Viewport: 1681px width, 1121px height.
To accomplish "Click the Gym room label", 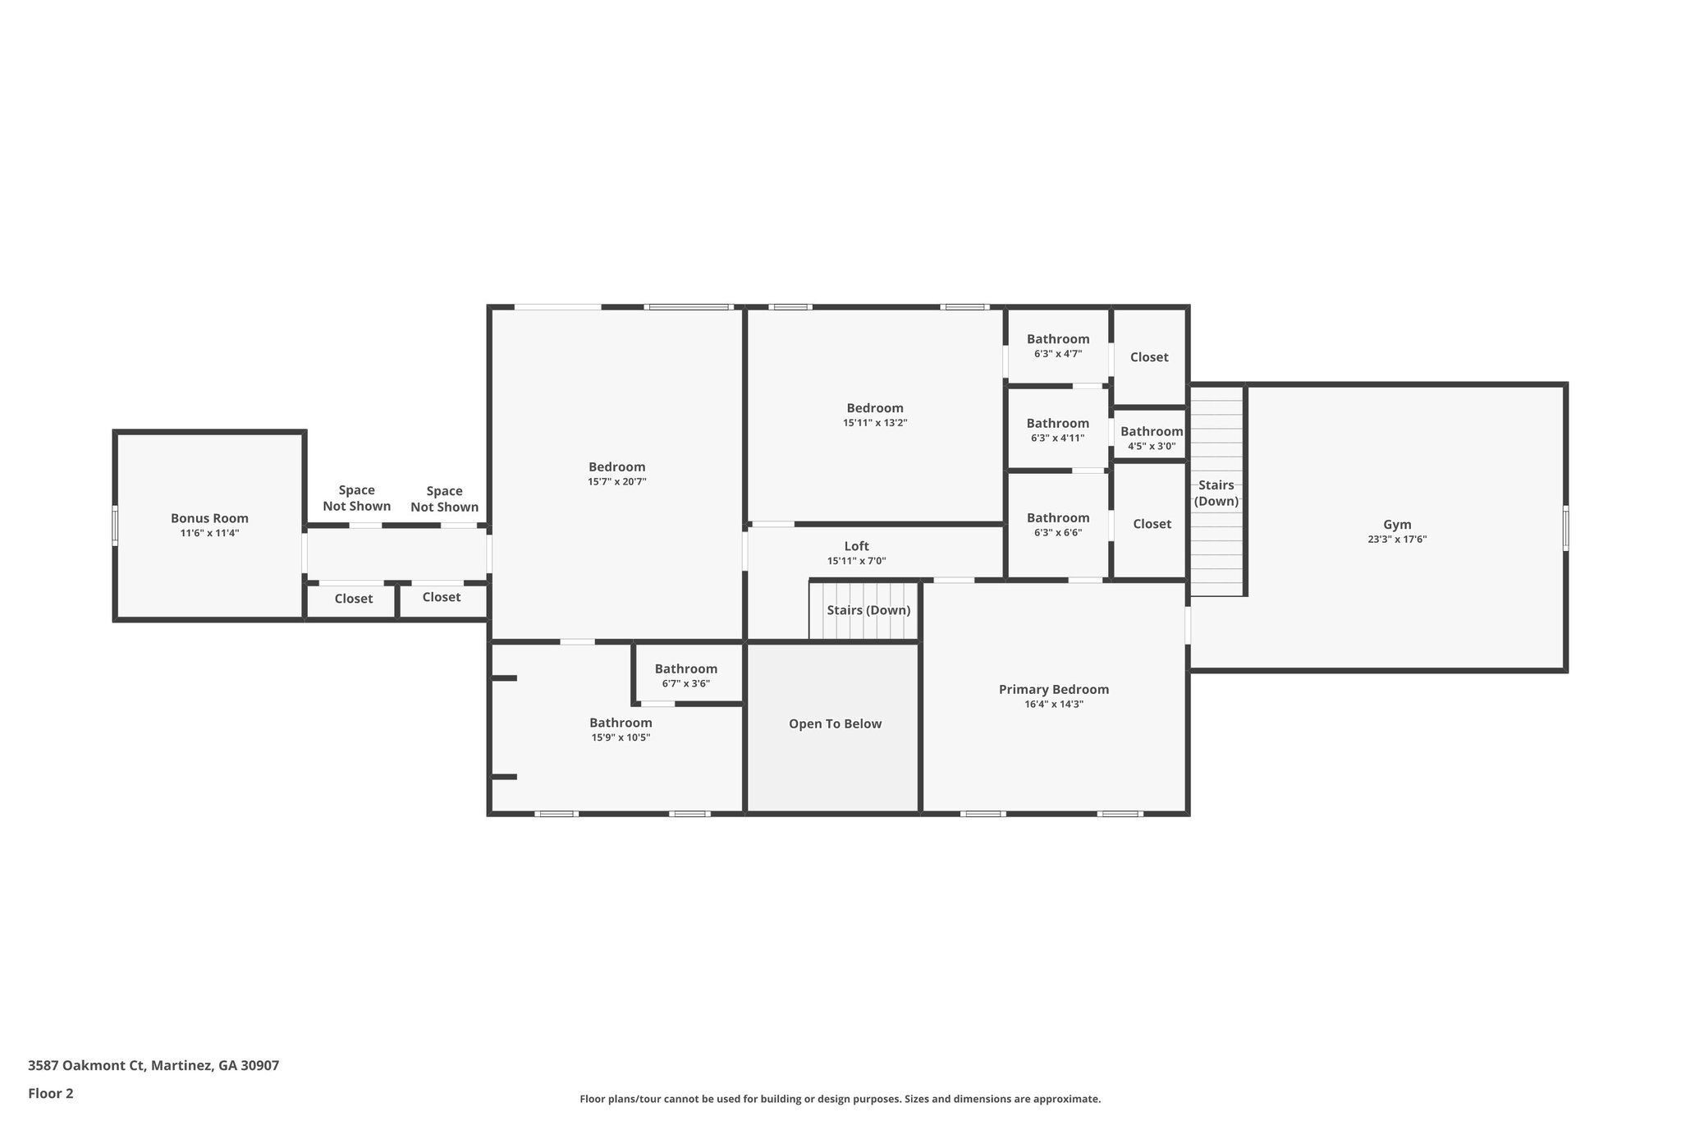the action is pos(1397,525).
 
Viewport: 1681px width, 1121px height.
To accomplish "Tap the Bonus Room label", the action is pos(209,518).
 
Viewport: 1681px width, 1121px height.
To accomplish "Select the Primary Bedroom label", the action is pos(1054,690).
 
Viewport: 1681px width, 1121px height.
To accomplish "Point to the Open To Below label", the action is pos(835,724).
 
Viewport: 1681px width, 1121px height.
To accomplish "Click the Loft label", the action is pos(856,546).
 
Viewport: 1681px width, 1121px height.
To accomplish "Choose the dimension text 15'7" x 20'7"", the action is pos(616,482).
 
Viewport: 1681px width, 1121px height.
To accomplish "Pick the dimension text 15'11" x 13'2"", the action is pos(875,423).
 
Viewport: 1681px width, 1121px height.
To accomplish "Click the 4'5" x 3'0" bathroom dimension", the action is pos(1152,447).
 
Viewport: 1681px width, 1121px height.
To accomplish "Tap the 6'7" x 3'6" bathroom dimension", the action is pos(686,683).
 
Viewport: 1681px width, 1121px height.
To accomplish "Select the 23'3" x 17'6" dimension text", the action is pos(1397,540).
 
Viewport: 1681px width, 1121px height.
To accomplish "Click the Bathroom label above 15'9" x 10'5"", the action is pos(621,723).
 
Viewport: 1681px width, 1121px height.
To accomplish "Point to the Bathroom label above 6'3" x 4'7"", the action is pos(1058,339).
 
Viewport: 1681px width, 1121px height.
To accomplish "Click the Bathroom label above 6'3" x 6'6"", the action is pos(1058,517).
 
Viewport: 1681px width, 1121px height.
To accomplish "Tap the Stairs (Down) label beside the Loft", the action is pos(868,610).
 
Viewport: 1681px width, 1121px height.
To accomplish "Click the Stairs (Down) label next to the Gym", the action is pos(1216,493).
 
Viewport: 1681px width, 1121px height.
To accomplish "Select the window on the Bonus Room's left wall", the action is pos(115,526).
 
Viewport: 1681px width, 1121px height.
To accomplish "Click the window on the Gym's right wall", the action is pos(1565,528).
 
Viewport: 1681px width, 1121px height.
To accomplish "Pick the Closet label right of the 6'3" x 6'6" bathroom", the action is pos(1152,524).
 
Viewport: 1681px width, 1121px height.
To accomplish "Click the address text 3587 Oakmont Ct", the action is pos(86,1065).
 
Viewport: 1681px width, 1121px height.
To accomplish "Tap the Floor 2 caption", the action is pos(51,1093).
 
